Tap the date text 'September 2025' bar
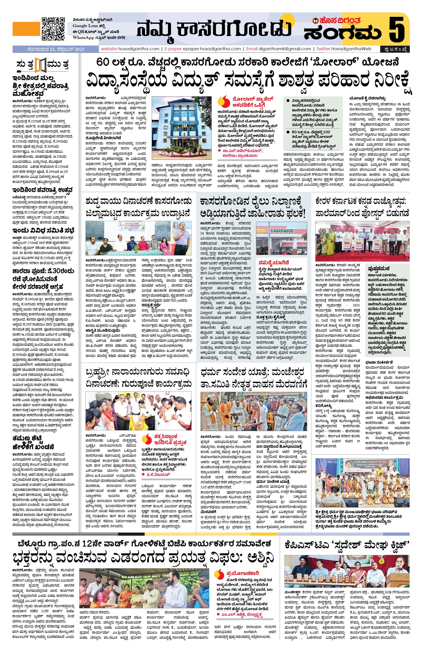(x=56, y=49)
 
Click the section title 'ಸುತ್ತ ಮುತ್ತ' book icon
(x=41, y=66)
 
